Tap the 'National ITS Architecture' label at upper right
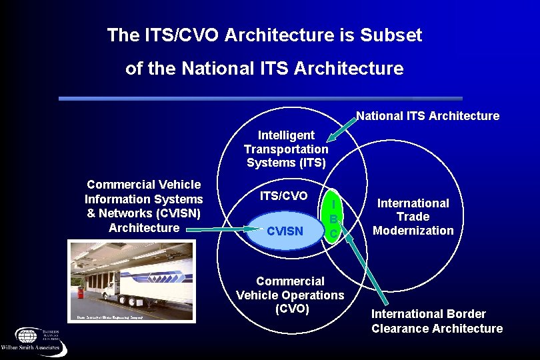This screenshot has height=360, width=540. tap(427, 116)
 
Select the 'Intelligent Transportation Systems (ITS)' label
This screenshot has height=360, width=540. tap(286, 149)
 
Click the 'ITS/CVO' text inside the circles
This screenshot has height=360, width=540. tap(284, 196)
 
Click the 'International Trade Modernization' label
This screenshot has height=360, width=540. tap(413, 217)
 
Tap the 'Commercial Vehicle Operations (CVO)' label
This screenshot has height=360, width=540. tap(290, 295)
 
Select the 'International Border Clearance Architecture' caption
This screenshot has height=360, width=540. tap(437, 321)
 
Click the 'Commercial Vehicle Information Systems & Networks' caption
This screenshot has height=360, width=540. tap(143, 206)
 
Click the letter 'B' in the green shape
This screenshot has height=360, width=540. tap(333, 219)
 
